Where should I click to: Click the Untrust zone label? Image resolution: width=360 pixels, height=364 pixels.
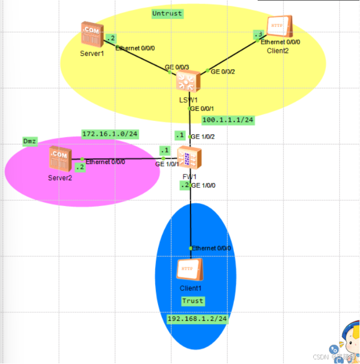point(167,14)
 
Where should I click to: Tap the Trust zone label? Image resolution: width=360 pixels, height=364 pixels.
point(193,301)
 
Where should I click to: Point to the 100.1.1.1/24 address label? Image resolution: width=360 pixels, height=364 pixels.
point(228,120)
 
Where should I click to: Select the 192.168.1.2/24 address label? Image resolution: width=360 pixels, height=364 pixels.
point(197,319)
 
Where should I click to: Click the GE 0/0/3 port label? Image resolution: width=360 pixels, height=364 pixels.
point(177,68)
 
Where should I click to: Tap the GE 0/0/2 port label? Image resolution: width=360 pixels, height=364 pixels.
point(223,72)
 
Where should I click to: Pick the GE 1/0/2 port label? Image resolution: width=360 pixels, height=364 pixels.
point(203,137)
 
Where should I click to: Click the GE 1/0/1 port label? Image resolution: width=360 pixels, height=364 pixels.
point(167,164)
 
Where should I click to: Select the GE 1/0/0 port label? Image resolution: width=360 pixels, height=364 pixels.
point(203,185)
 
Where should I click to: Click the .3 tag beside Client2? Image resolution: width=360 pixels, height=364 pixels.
point(258,35)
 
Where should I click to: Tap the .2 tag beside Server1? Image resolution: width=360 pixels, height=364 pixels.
point(111,38)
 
